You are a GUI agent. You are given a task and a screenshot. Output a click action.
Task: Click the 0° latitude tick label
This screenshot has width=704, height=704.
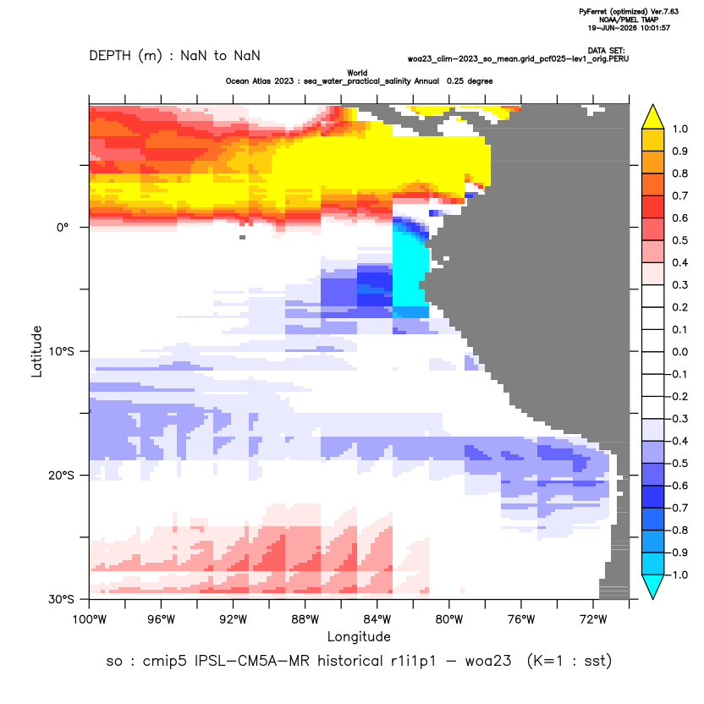(63, 228)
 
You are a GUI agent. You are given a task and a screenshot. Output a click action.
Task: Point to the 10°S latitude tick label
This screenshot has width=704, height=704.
(61, 351)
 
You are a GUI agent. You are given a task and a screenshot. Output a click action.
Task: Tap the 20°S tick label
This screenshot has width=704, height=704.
(61, 476)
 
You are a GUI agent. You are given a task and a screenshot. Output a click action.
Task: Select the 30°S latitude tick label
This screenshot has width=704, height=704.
(61, 599)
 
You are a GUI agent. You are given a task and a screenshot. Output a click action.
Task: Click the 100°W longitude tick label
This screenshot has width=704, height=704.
(90, 620)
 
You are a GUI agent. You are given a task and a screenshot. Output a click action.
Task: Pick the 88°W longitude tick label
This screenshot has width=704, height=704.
(305, 620)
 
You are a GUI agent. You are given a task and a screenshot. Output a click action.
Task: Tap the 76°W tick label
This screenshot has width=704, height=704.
(521, 620)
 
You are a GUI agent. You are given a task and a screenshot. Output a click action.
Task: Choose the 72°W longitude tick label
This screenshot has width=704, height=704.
(593, 620)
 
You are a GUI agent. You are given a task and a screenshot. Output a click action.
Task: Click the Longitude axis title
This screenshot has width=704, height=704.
(359, 637)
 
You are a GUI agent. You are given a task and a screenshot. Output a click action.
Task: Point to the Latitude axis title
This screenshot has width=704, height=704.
(37, 351)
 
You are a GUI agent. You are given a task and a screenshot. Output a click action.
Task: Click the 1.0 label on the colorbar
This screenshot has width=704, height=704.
(679, 129)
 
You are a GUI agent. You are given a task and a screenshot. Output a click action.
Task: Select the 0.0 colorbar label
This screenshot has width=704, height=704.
(679, 352)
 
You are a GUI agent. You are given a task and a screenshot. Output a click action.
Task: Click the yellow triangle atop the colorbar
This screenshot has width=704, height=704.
(653, 118)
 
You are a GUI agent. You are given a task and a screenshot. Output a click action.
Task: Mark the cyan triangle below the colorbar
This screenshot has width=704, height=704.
(653, 586)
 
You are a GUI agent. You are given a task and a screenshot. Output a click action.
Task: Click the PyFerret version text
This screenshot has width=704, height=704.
(629, 12)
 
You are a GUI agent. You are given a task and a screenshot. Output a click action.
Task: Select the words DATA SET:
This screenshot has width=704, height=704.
(606, 51)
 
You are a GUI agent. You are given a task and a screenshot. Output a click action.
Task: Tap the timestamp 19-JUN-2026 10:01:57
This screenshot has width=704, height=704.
(629, 28)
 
